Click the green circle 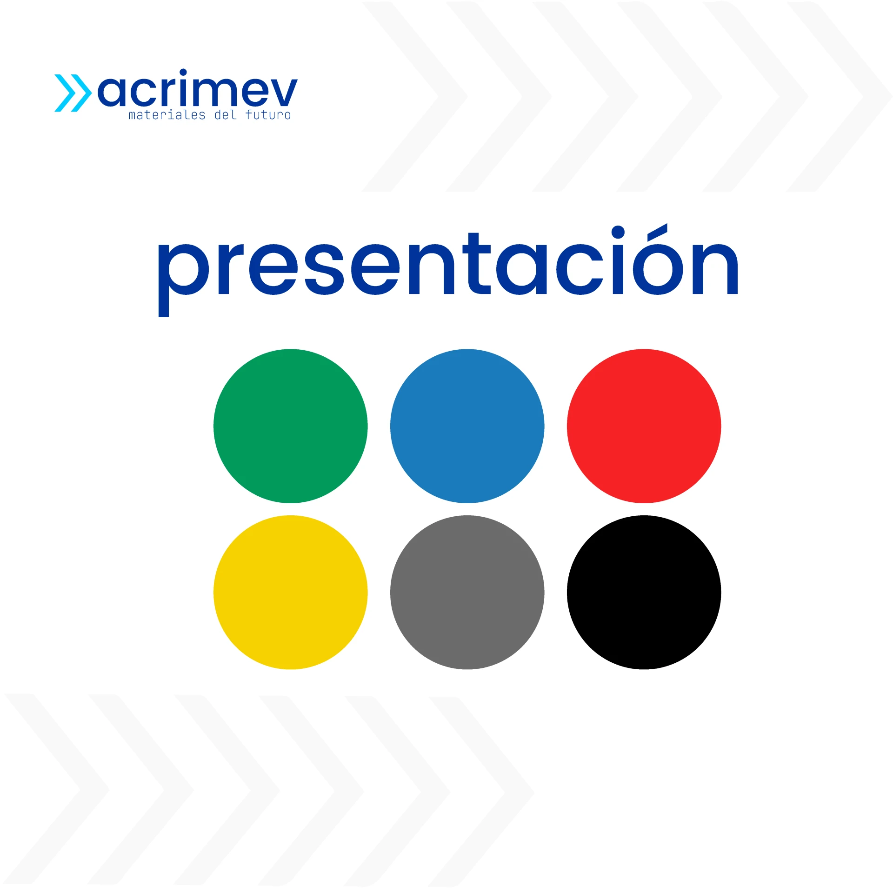click(x=290, y=426)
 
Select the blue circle click(x=467, y=426)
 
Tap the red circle click(x=644, y=426)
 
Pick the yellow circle click(x=290, y=592)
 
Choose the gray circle click(x=467, y=592)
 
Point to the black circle click(x=644, y=592)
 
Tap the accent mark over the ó click(x=657, y=232)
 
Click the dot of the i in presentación click(x=618, y=232)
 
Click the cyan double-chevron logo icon click(x=73, y=93)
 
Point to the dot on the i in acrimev click(x=183, y=72)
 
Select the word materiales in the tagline click(x=167, y=115)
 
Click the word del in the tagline click(x=226, y=115)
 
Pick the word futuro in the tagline click(x=268, y=115)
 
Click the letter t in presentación click(x=477, y=263)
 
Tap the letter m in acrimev click(x=218, y=92)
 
